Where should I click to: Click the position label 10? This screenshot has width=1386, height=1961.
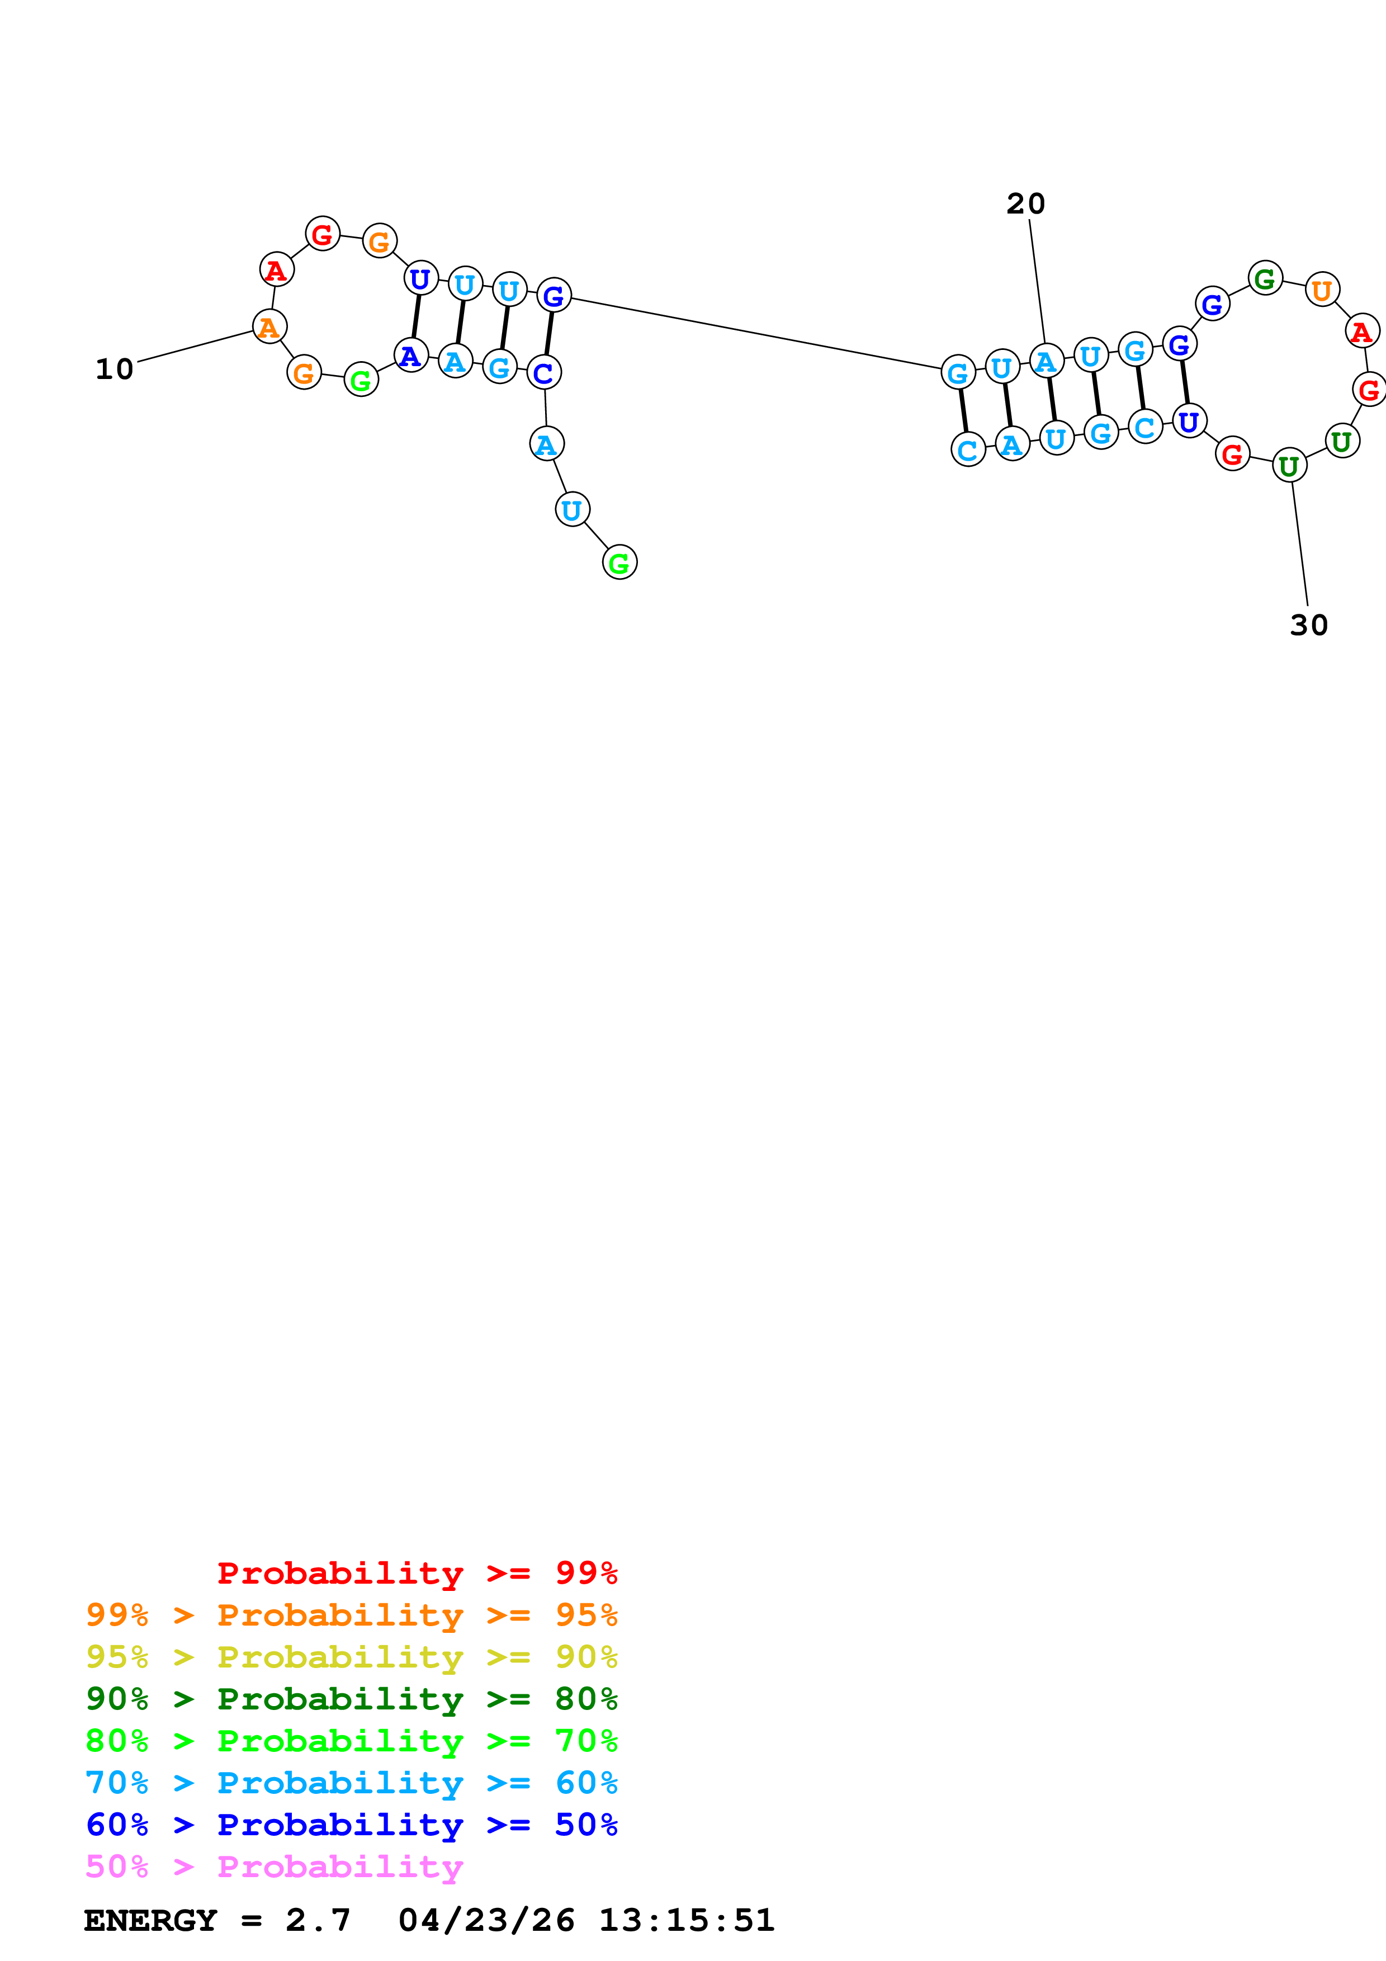(115, 369)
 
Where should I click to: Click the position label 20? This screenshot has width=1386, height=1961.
(1025, 203)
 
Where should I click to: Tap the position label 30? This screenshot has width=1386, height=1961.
(1308, 625)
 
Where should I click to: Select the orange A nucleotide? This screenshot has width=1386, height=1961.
(269, 326)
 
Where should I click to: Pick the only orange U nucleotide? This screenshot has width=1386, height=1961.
(1322, 290)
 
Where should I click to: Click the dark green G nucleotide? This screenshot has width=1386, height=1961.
(1265, 278)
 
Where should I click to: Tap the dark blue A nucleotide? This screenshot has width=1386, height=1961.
(411, 356)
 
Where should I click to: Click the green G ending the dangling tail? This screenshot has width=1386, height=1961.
(619, 562)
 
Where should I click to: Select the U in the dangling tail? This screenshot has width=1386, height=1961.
(572, 510)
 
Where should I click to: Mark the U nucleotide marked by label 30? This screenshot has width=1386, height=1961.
(1289, 466)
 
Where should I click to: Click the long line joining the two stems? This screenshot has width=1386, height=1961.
(756, 333)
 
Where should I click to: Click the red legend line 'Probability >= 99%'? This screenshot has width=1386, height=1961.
(417, 1572)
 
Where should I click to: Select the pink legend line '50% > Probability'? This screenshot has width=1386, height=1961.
(274, 1866)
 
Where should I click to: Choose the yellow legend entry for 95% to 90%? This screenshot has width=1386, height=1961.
(351, 1657)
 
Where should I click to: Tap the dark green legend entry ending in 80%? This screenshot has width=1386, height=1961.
(351, 1699)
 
